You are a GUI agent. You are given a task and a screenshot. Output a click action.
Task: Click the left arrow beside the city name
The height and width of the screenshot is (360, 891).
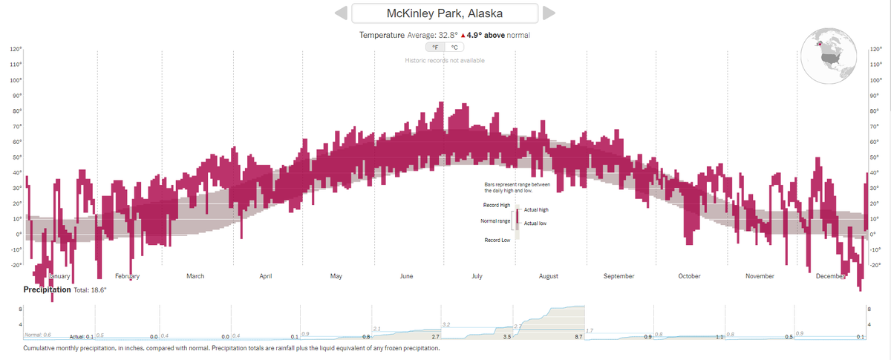click(340, 13)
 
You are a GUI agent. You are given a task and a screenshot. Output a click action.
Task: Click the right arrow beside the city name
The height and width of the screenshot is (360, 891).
click(549, 13)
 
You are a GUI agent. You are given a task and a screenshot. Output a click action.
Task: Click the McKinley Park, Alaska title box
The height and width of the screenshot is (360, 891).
click(444, 13)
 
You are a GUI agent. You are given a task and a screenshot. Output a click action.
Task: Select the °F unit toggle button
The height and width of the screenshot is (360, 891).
click(435, 47)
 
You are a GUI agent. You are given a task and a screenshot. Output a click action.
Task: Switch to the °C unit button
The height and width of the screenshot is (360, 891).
click(454, 47)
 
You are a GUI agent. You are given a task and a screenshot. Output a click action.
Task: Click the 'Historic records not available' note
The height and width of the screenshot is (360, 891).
click(445, 60)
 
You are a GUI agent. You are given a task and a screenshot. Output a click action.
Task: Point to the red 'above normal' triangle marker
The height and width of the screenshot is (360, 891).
click(463, 35)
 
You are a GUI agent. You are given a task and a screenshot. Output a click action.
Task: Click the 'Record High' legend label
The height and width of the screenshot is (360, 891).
click(496, 205)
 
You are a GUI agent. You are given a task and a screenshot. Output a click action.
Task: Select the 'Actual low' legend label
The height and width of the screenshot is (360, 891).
click(535, 223)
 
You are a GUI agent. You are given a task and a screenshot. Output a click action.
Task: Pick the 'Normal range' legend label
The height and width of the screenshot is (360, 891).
click(495, 220)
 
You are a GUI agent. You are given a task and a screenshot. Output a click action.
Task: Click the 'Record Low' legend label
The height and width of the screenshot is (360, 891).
click(497, 239)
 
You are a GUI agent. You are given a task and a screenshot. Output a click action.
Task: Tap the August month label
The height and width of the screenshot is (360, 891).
click(548, 276)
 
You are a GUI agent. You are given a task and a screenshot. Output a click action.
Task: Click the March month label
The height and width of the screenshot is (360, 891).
click(195, 276)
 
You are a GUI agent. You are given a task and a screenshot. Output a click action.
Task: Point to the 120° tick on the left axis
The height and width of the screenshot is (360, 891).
click(16, 49)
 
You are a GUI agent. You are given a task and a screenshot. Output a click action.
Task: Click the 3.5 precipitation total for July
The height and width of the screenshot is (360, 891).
click(507, 337)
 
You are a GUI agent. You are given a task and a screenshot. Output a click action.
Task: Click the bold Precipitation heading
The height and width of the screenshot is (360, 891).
click(47, 289)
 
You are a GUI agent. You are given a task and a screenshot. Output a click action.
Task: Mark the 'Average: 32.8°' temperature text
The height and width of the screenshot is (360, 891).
click(432, 35)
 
